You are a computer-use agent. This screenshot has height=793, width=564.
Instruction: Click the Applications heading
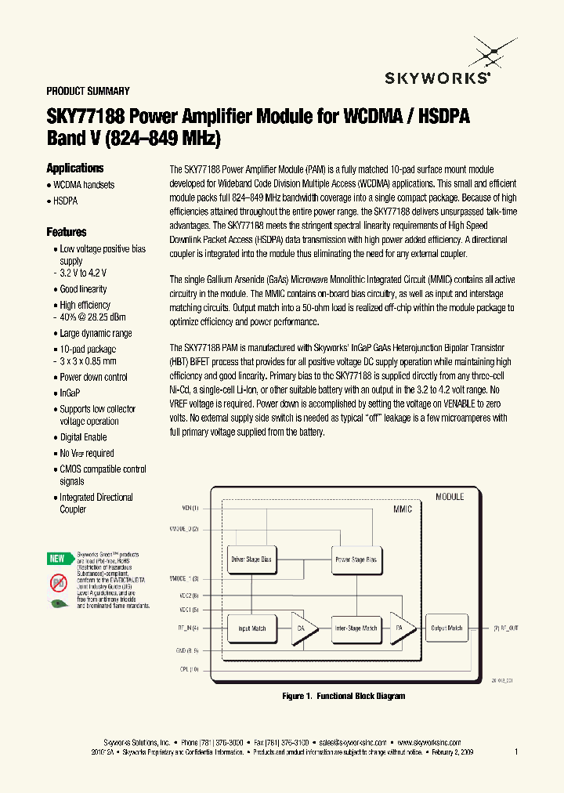(74, 168)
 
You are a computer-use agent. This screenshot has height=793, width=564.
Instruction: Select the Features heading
(67, 232)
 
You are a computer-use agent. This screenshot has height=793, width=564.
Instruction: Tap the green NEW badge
(57, 559)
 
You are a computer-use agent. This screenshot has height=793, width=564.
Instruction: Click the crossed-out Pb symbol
(58, 581)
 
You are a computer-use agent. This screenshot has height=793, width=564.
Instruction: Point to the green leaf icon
(58, 603)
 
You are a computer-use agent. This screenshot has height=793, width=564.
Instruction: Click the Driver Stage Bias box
(251, 559)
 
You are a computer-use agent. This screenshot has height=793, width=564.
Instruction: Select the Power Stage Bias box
(356, 559)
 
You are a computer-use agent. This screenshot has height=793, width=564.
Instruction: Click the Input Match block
(251, 628)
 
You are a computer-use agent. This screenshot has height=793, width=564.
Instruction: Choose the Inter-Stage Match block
(356, 628)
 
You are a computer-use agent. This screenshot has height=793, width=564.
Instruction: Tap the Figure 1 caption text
(343, 696)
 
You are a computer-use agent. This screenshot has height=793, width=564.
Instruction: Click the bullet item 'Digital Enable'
(83, 437)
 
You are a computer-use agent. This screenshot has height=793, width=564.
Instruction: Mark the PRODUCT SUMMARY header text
(88, 91)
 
